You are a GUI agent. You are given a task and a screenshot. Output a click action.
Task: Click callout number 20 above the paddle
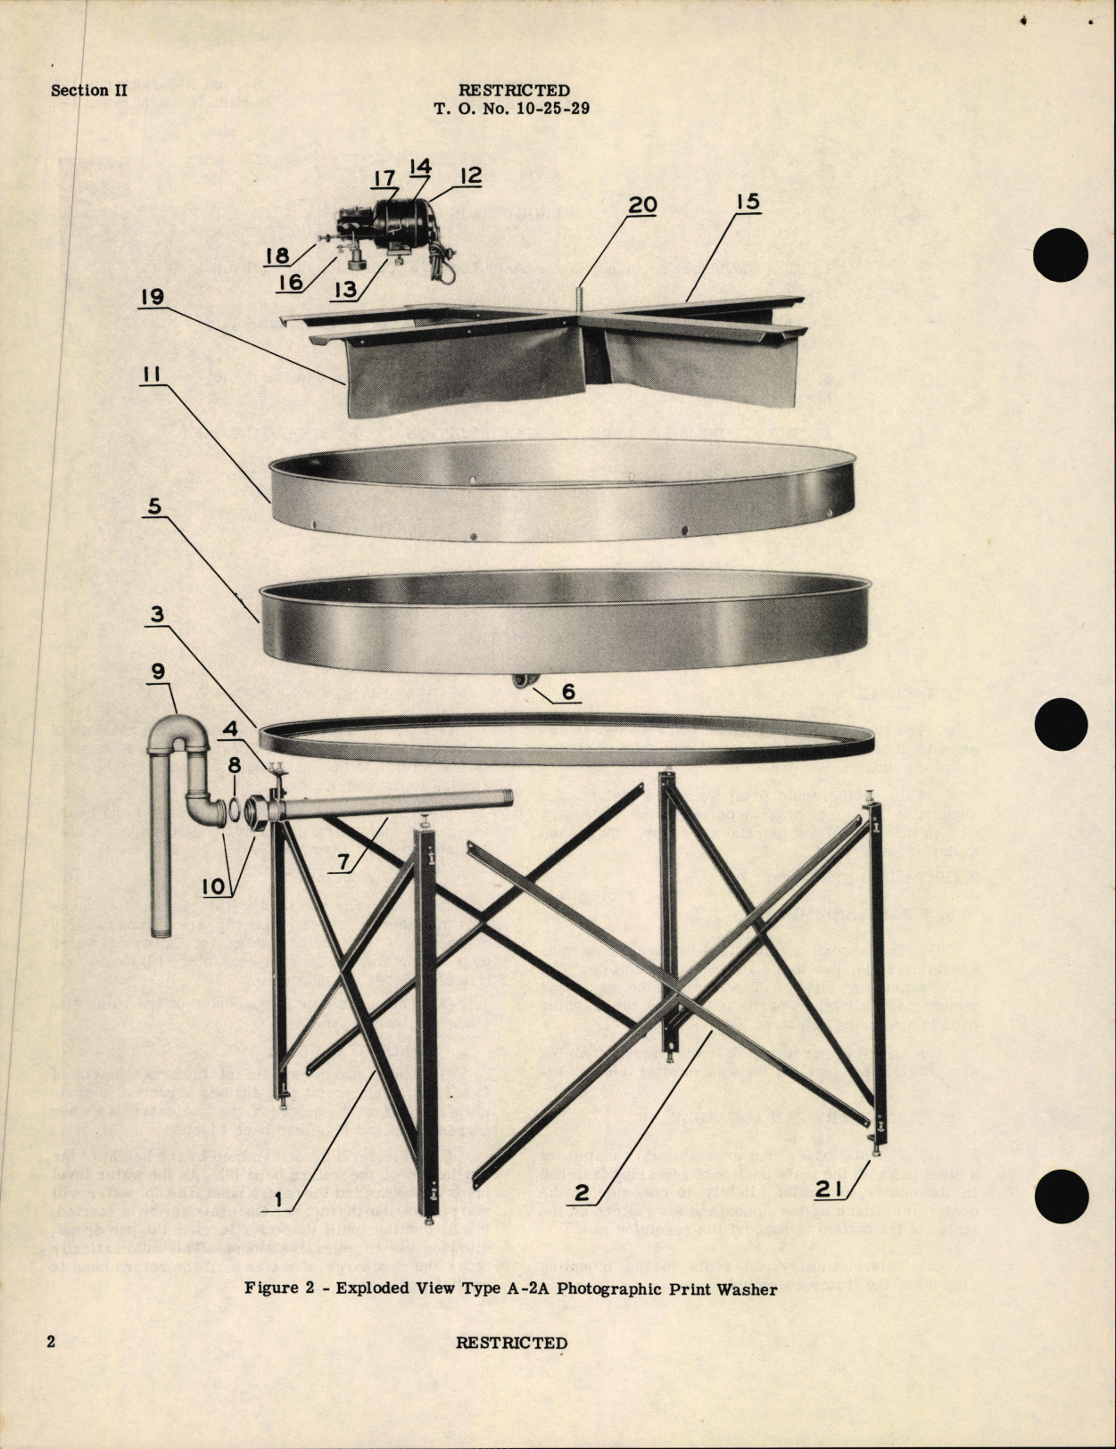[641, 205]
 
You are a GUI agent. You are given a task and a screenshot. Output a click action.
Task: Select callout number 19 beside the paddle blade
[152, 296]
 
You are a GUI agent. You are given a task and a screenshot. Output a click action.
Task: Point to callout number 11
[152, 375]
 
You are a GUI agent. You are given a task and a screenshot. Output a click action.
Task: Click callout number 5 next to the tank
[153, 507]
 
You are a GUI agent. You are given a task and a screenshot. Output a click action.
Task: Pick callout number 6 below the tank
[567, 692]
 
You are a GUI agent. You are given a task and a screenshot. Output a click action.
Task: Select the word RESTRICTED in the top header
[514, 90]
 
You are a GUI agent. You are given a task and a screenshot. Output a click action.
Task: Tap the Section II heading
[89, 91]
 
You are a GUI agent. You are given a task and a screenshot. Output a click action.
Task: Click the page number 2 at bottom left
[52, 1341]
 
